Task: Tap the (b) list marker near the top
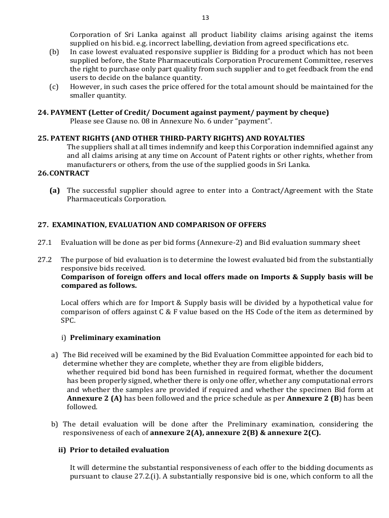[x=54, y=52]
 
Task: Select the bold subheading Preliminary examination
[x=115, y=337]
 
